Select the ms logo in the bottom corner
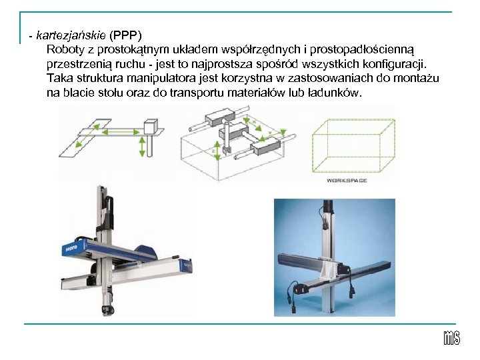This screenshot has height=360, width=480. pyautogui.click(x=451, y=338)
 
